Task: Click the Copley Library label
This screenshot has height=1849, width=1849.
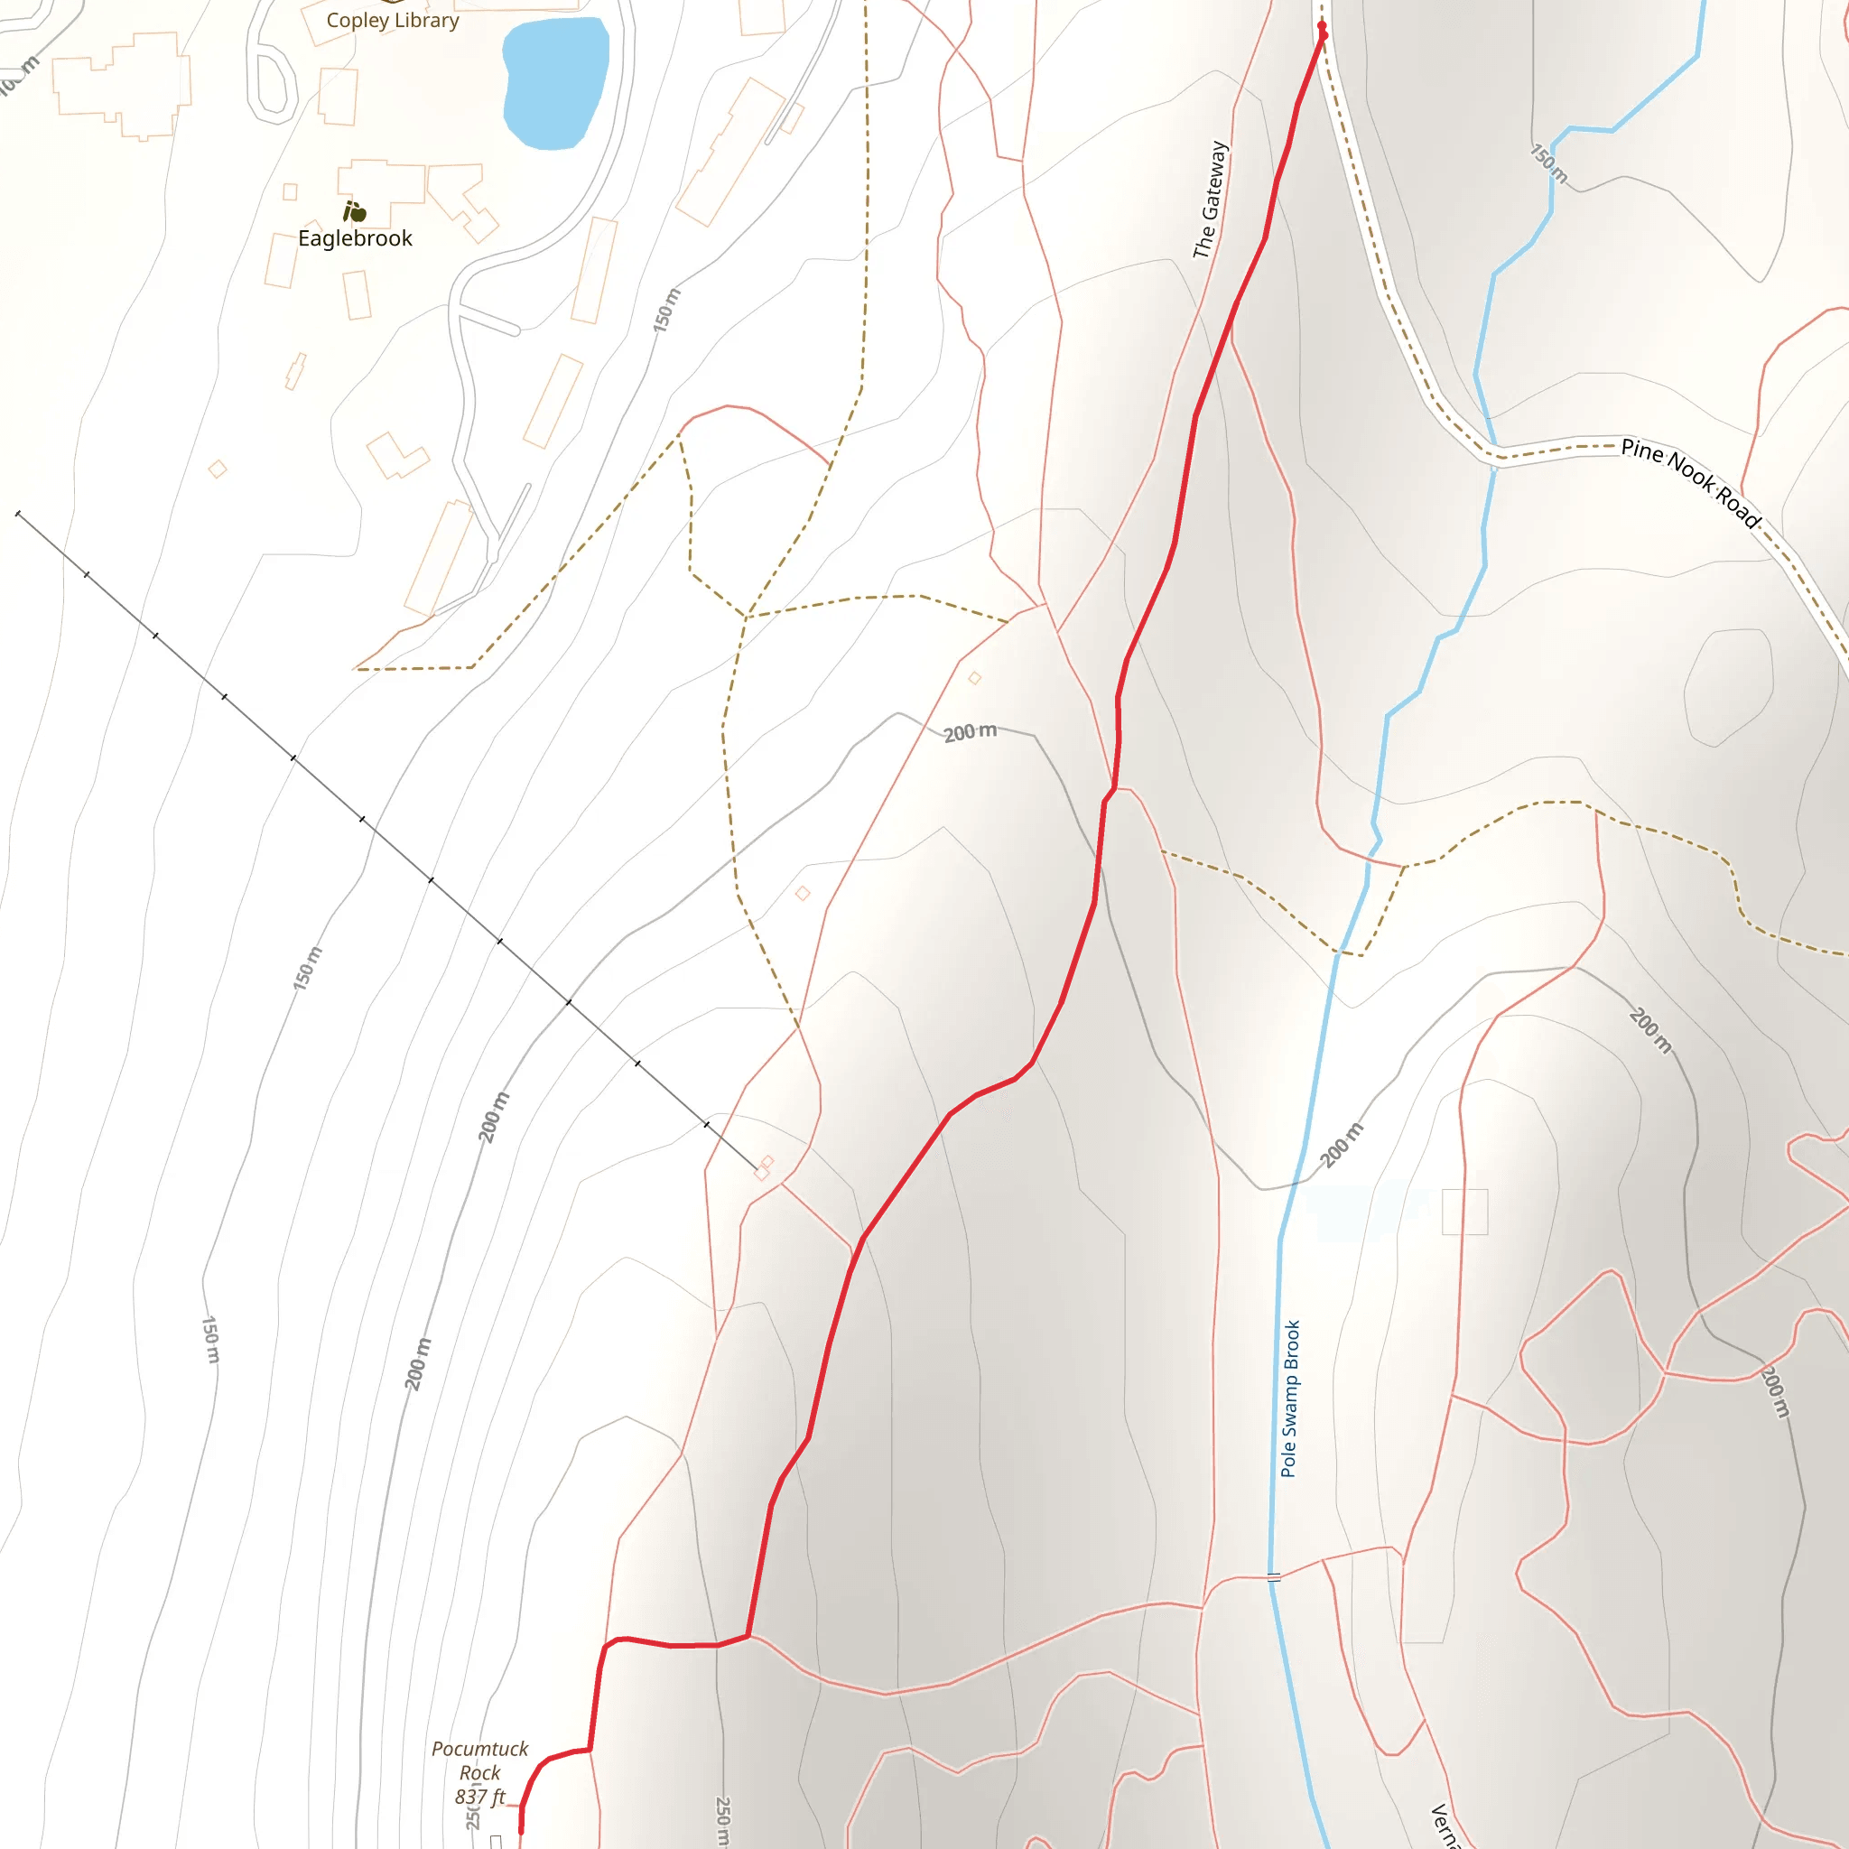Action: coord(393,20)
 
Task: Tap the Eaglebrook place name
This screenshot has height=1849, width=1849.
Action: coord(355,238)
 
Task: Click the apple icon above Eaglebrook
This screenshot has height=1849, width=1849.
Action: coord(354,210)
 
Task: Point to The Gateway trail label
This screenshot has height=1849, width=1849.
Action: coord(1210,200)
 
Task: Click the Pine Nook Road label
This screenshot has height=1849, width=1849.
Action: coord(1690,482)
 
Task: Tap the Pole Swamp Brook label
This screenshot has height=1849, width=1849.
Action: coord(1290,1398)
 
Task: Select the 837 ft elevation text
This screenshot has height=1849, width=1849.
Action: coord(479,1798)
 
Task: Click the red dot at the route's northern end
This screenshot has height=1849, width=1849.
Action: coord(1323,27)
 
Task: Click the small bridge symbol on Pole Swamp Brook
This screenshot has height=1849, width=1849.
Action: coord(1274,1577)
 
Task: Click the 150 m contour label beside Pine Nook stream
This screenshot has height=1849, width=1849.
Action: coord(1547,163)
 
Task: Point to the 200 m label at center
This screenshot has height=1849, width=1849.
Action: coord(970,733)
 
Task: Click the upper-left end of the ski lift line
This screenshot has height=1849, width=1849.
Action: coord(18,514)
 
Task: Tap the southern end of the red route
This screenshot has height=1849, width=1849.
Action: coord(521,1832)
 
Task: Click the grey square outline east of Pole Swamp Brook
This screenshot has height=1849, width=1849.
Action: coord(1464,1212)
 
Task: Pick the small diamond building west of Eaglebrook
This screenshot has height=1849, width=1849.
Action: coord(218,469)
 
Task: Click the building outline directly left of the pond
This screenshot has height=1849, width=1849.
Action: coord(338,97)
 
